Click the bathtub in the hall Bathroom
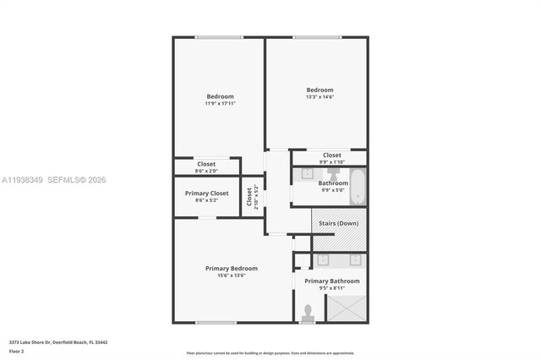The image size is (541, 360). [358, 187]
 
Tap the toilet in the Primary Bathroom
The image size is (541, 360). [308, 313]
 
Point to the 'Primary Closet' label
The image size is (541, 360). [206, 194]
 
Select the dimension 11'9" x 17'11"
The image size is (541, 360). [220, 104]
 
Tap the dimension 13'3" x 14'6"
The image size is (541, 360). [320, 97]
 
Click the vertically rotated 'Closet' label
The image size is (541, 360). [249, 196]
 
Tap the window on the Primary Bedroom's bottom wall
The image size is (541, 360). [216, 322]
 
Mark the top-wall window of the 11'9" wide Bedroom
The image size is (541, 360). [219, 37]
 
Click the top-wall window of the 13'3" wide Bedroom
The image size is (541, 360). [316, 37]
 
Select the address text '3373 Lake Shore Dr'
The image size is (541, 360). [29, 342]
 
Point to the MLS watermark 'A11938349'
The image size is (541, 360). [21, 180]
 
